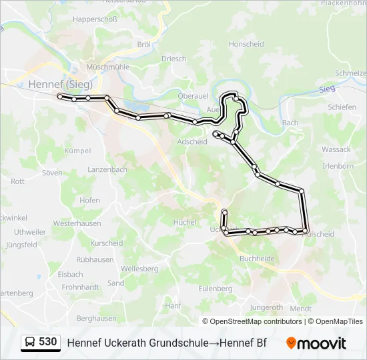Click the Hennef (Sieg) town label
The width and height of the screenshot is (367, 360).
click(x=60, y=84)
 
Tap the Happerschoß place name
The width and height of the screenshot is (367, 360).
click(x=95, y=19)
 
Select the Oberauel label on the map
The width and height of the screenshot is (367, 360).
click(x=194, y=96)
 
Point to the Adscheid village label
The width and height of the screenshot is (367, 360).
click(x=192, y=141)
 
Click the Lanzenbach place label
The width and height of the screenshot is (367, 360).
click(x=107, y=170)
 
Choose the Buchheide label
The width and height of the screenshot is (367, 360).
click(x=256, y=259)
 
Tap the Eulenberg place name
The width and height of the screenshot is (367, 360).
click(x=215, y=289)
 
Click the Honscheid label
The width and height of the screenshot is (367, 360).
click(x=246, y=44)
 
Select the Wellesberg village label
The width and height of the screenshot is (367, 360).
click(x=139, y=269)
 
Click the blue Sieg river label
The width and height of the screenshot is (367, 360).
click(x=326, y=89)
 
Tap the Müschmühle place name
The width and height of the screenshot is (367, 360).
click(x=108, y=67)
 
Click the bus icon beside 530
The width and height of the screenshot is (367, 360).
click(x=30, y=343)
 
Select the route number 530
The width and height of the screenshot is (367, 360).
click(x=48, y=342)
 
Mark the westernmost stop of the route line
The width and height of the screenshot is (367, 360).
click(x=60, y=97)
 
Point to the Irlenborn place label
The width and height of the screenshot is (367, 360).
click(x=337, y=165)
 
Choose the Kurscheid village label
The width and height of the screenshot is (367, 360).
click(x=107, y=243)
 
